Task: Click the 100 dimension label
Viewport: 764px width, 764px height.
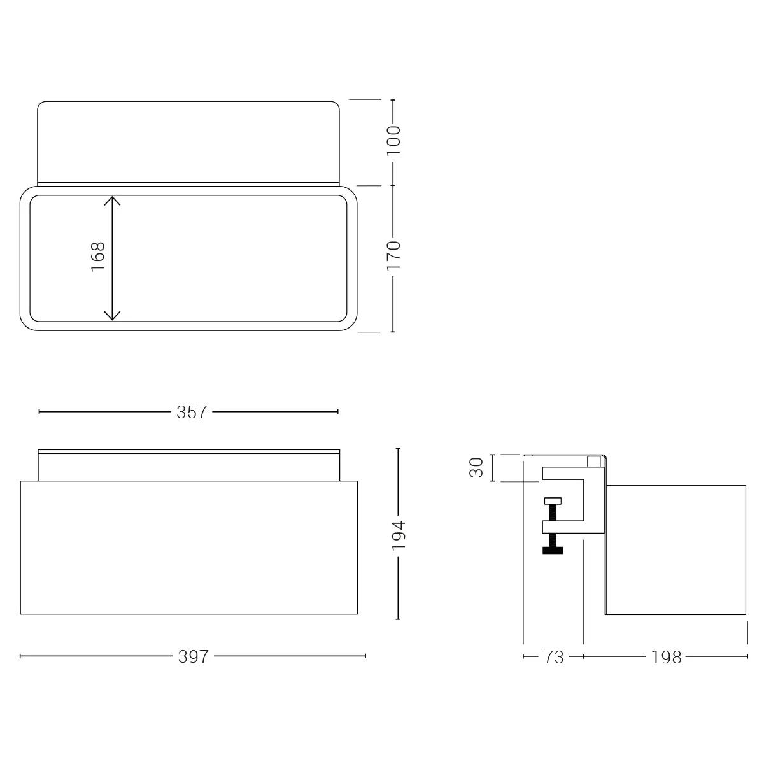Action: tap(393, 141)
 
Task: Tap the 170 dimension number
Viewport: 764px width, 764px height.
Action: tap(393, 255)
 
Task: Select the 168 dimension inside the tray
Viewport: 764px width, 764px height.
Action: tap(97, 257)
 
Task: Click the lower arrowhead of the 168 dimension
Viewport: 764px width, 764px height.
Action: tap(112, 316)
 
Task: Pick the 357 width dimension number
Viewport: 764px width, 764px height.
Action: tap(192, 412)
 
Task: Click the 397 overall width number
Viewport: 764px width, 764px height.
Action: tap(194, 656)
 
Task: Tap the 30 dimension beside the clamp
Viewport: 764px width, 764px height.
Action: tap(477, 468)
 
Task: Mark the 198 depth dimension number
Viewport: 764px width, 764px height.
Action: tap(666, 657)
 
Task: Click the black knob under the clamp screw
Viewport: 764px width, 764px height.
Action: tap(553, 549)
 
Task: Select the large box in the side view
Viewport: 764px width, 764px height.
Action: tap(675, 549)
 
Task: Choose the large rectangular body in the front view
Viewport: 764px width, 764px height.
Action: tap(188, 548)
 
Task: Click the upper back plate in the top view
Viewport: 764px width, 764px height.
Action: tap(188, 141)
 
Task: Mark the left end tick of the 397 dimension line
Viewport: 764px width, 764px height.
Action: tap(21, 656)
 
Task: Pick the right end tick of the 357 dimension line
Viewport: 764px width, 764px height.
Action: tap(337, 412)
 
